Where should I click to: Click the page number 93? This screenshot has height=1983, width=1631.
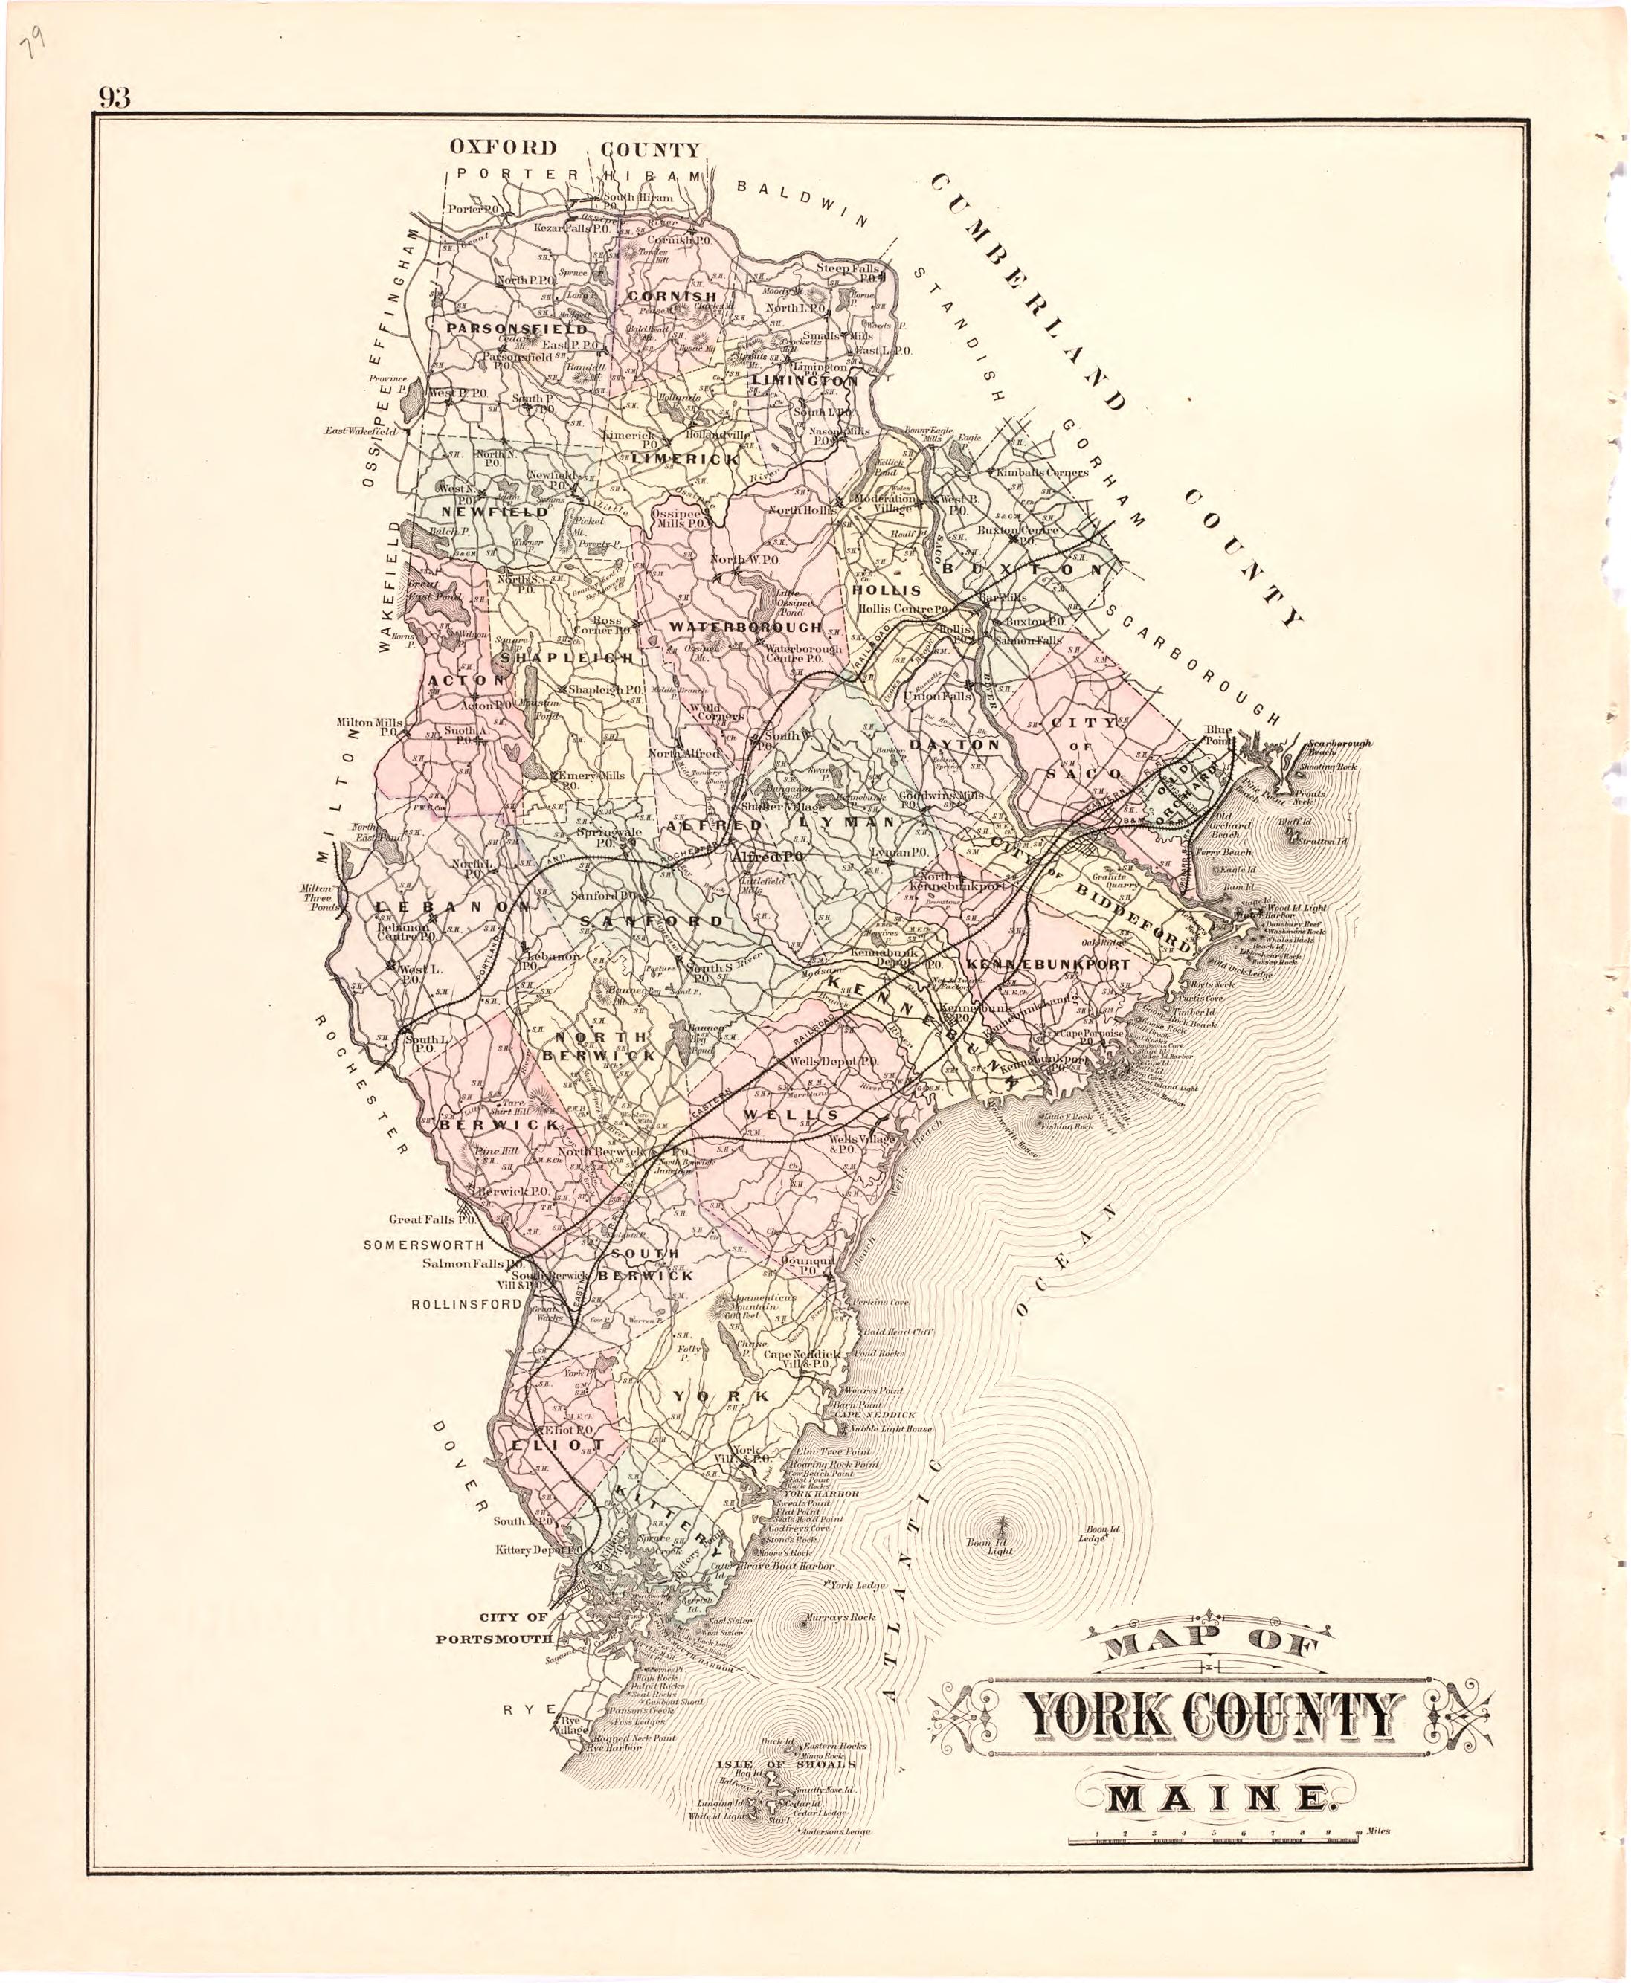tap(112, 97)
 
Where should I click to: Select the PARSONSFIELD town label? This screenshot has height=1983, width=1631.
tap(517, 329)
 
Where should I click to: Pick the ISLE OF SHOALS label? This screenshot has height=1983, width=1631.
tap(789, 1764)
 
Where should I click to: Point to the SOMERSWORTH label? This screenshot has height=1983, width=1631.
tap(424, 1245)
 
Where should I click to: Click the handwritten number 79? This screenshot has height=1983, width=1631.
tap(38, 42)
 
